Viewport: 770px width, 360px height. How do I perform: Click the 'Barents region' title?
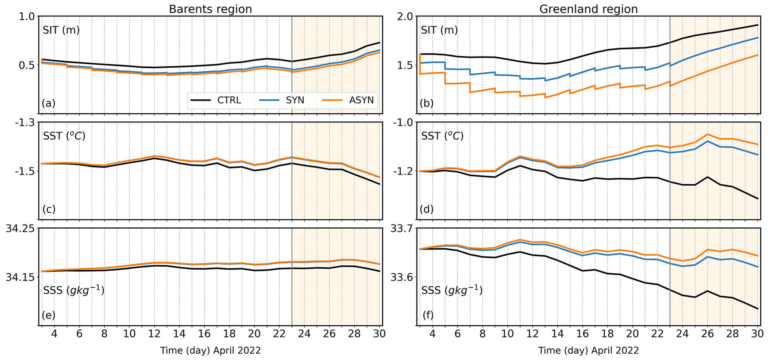point(210,9)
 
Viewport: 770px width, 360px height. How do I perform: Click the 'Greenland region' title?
point(589,9)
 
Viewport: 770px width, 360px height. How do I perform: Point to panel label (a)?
point(49,103)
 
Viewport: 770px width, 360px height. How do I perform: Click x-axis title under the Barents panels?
point(210,350)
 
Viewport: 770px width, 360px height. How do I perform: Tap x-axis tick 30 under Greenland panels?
point(756,334)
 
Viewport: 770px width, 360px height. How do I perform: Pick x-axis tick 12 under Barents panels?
point(154,334)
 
